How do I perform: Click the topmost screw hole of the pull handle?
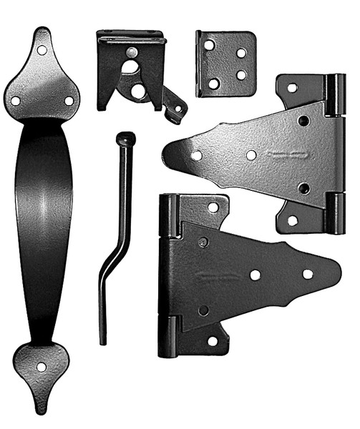coord(42,51)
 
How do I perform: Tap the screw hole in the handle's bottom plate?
coord(41,367)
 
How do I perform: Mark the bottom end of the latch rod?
coord(103,341)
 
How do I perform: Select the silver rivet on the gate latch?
coord(132,51)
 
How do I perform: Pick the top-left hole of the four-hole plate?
coord(209,45)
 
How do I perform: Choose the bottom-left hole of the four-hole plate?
coord(213,84)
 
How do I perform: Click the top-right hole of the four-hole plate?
coord(241,52)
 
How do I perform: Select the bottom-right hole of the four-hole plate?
coord(240,74)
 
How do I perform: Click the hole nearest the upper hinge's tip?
coord(196,155)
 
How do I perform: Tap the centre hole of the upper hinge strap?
coord(251,154)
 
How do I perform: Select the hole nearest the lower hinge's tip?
coord(308,274)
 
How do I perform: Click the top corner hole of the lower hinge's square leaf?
coord(212,207)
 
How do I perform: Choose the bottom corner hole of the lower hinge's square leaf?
coord(212,341)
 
